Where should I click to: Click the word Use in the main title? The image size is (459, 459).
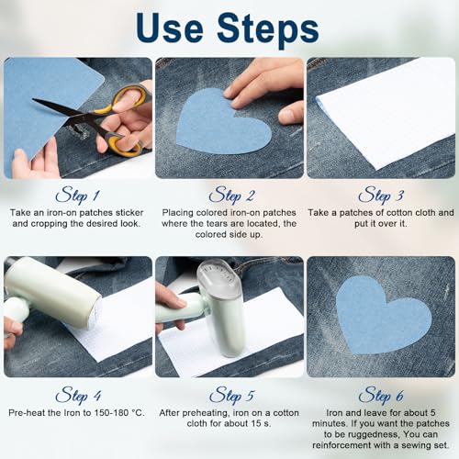[170, 28]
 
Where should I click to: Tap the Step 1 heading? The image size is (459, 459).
[78, 195]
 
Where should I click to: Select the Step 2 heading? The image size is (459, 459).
[231, 195]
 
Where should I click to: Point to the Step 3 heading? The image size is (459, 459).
[381, 195]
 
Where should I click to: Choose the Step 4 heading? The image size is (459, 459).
[78, 395]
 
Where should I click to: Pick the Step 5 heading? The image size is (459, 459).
[231, 395]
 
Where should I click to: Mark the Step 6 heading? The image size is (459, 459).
[381, 395]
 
